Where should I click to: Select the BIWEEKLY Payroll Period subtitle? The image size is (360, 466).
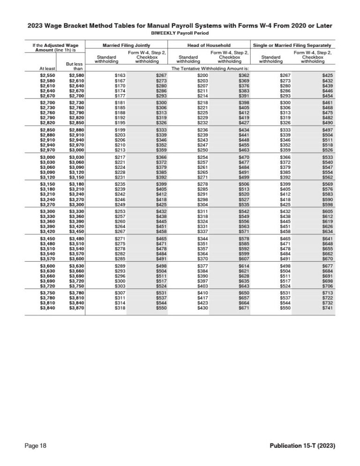click(180, 34)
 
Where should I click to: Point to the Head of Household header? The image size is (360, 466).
click(209, 45)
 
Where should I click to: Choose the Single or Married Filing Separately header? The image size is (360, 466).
click(292, 45)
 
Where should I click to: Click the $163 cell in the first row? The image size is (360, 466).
click(120, 75)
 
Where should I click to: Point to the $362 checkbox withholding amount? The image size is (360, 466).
click(243, 75)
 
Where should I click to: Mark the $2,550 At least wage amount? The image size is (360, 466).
click(48, 75)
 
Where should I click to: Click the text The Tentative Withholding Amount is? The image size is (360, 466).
click(209, 68)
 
